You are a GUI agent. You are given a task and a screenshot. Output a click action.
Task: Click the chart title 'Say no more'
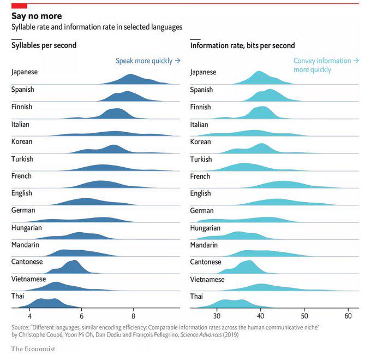click(x=37, y=16)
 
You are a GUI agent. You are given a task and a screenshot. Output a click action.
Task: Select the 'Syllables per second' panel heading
click(x=44, y=45)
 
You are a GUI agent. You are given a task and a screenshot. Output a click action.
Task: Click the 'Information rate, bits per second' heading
click(x=242, y=45)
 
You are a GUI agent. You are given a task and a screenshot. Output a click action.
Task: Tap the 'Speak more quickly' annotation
click(x=148, y=61)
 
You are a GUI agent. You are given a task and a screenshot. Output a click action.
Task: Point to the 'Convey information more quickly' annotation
click(x=326, y=65)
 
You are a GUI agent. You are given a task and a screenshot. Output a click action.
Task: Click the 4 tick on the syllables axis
click(x=30, y=316)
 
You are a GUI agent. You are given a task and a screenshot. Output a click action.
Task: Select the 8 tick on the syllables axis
click(x=133, y=316)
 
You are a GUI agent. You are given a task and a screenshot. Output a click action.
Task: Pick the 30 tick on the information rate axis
click(x=217, y=316)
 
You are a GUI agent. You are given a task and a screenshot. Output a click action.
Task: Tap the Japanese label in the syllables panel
click(x=25, y=72)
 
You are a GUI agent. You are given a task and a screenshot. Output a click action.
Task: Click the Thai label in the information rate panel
click(x=197, y=297)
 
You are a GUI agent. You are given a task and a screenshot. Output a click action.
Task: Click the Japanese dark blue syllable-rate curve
click(x=131, y=80)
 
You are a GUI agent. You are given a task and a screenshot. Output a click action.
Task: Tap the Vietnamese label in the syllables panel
click(x=28, y=279)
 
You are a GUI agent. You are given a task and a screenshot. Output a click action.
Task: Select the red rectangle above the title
click(x=19, y=5)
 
